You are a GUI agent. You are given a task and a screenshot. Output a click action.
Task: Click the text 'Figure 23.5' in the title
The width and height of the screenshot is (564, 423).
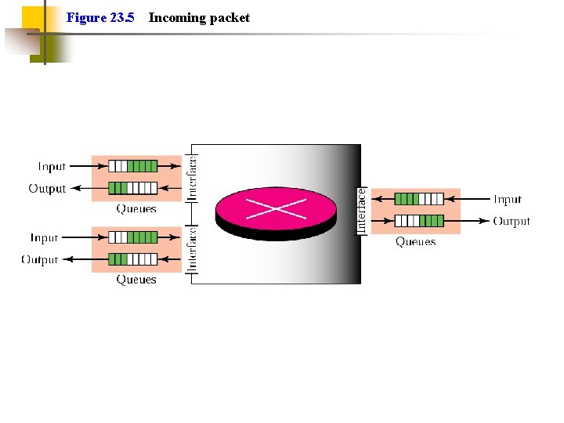[x=100, y=17]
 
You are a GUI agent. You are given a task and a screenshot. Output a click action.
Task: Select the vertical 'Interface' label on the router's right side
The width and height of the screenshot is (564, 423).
[x=361, y=210]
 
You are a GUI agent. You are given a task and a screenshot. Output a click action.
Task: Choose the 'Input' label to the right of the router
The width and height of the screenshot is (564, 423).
[x=508, y=199]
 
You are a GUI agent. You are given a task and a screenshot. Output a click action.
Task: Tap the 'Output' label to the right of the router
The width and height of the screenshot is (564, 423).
[x=512, y=222]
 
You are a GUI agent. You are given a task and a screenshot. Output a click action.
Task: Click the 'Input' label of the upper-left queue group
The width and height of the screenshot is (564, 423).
[x=52, y=166]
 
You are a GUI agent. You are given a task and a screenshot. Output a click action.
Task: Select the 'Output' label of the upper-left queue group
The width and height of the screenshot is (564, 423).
[x=47, y=189]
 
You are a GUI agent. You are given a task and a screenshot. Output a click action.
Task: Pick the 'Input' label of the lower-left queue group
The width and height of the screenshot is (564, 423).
[x=45, y=237]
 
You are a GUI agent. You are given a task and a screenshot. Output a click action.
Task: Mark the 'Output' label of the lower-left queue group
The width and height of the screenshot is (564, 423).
[x=40, y=260]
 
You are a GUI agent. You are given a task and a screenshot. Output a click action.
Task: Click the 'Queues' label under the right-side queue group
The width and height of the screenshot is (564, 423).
[x=415, y=242]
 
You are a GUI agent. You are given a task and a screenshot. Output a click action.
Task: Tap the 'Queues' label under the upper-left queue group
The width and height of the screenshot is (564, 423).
[x=136, y=209]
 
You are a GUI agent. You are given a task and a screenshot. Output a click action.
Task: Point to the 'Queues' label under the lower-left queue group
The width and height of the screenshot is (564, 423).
[x=136, y=280]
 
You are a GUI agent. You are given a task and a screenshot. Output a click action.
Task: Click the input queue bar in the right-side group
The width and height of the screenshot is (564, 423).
[x=419, y=199]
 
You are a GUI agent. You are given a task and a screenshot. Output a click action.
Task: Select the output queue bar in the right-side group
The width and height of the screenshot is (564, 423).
[x=419, y=221]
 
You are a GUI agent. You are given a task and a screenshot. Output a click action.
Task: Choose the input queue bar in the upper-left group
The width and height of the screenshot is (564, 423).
[x=132, y=166]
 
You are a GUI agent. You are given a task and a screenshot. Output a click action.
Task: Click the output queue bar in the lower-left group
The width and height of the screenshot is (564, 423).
[x=132, y=259]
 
